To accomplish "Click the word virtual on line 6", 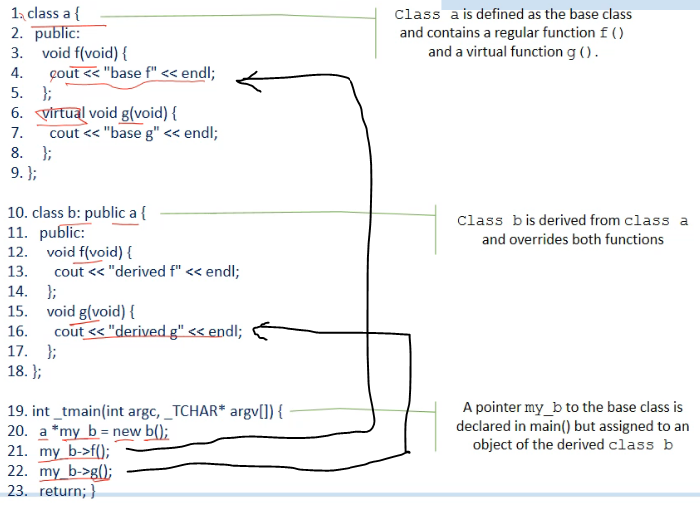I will coord(60,112).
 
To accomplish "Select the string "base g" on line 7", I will coord(134,132).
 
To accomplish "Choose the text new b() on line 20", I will coord(141,431).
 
